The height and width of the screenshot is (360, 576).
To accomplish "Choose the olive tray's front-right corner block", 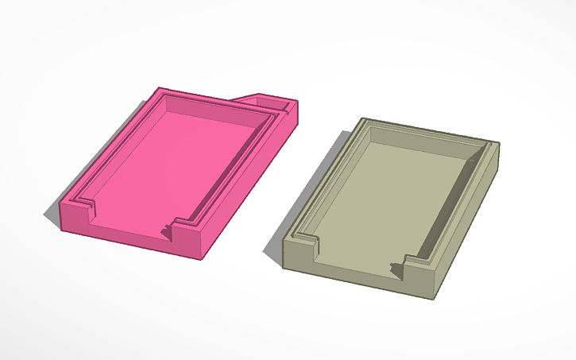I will point(421,275).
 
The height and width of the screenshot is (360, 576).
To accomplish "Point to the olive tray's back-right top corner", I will point(498,144).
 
